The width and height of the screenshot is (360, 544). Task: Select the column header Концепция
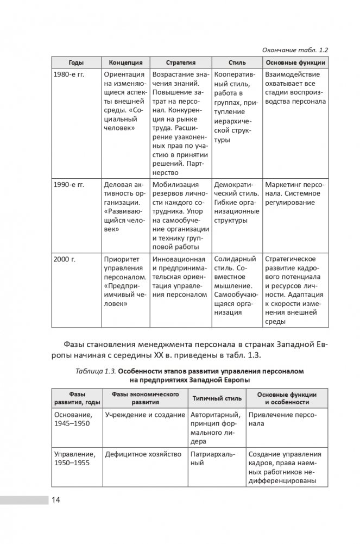(x=125, y=62)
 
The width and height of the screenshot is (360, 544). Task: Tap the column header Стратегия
(x=181, y=62)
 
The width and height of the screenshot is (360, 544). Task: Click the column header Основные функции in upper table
(x=295, y=62)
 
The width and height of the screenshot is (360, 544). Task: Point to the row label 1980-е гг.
(x=69, y=74)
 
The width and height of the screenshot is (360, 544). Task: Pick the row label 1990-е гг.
(x=69, y=185)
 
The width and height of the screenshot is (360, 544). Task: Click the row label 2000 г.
(x=65, y=259)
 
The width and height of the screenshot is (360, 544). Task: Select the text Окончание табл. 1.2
(x=295, y=49)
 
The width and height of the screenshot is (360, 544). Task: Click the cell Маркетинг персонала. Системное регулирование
(x=293, y=193)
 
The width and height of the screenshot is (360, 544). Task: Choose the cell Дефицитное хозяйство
(x=137, y=454)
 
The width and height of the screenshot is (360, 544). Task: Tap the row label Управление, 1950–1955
(x=74, y=458)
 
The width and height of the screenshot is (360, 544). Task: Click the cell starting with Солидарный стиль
(x=235, y=285)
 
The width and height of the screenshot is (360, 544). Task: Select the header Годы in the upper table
(x=76, y=62)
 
